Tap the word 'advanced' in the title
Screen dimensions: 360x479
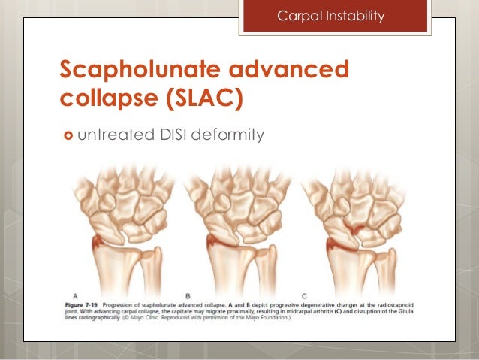296,71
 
